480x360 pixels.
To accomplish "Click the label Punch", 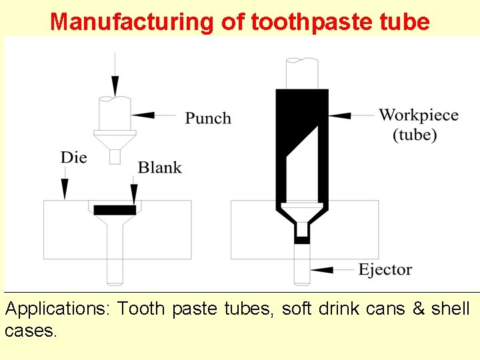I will [208, 119].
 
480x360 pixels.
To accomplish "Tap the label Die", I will [73, 158].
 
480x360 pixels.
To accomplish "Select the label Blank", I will [159, 167].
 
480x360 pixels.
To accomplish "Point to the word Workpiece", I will [418, 115].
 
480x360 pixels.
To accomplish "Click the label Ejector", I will [385, 270].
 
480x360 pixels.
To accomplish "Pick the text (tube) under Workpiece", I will [415, 135].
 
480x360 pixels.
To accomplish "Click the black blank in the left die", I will [115, 210].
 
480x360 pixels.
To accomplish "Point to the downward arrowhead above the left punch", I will [115, 87].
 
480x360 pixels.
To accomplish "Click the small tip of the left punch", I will [115, 157].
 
